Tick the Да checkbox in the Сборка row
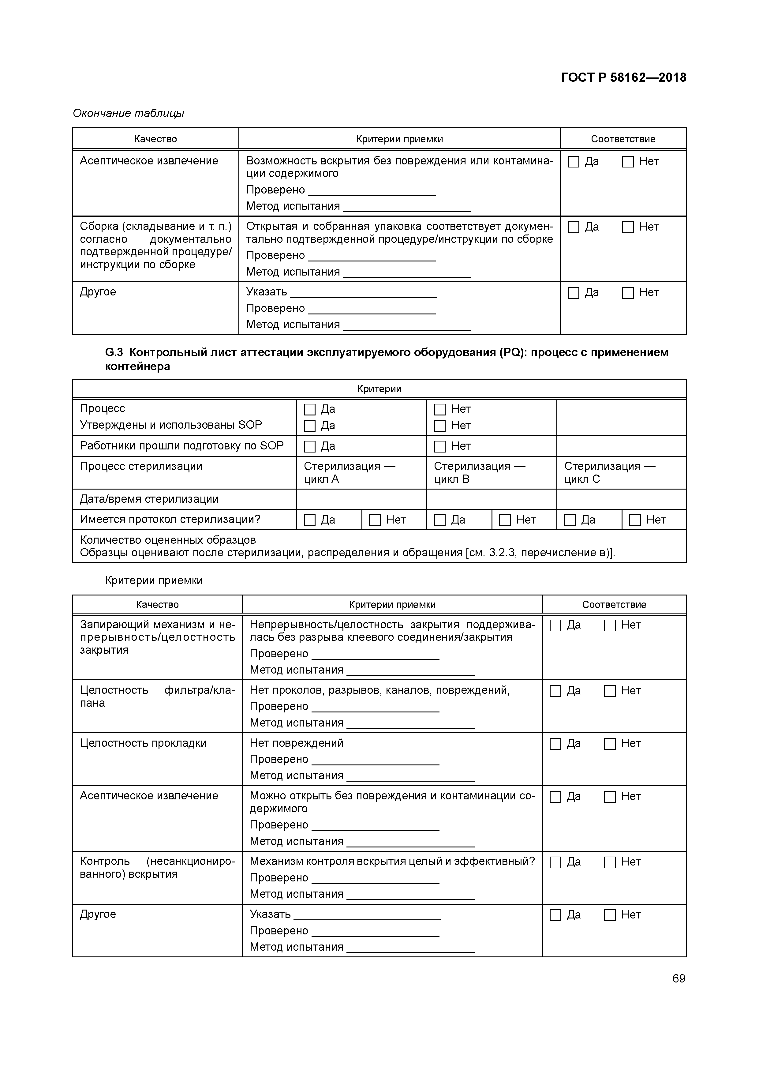(x=573, y=227)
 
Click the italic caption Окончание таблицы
(x=129, y=113)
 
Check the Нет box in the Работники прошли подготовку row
(x=439, y=447)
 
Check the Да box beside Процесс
(x=310, y=410)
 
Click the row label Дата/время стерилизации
(x=149, y=499)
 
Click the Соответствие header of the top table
(x=623, y=139)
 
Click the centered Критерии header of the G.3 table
(x=379, y=389)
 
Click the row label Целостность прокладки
(x=143, y=743)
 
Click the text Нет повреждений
(x=297, y=743)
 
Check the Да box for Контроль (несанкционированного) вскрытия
(x=555, y=862)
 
